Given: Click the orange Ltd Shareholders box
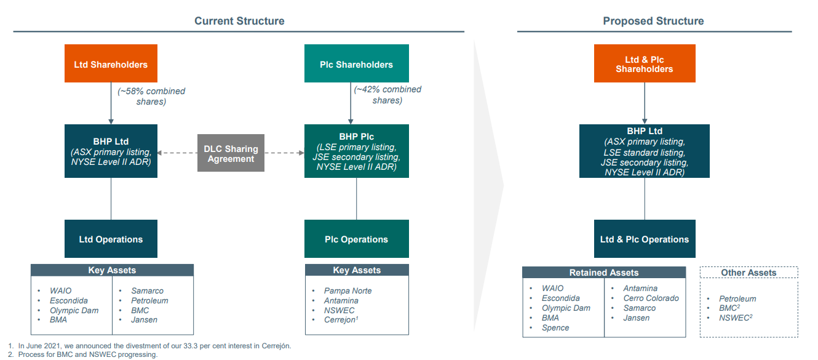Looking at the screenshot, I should [111, 64].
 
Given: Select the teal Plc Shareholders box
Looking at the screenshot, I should [356, 64].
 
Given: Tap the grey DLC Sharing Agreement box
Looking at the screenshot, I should [231, 153].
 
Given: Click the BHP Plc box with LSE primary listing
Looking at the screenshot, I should [356, 151].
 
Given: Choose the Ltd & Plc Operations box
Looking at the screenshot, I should [644, 239].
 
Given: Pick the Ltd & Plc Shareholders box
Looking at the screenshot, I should [644, 64].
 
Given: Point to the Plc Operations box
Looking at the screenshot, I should [356, 239].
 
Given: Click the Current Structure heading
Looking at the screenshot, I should [239, 21].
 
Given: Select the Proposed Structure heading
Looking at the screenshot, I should [653, 21].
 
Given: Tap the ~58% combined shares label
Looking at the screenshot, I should [151, 96].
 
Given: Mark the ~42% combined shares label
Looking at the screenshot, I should [387, 95].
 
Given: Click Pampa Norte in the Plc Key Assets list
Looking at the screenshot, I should [347, 290].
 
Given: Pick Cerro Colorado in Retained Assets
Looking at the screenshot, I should [651, 298].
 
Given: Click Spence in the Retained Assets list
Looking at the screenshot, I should [555, 327].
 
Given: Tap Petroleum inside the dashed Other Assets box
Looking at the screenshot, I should [737, 298].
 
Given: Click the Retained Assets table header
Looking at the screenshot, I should [603, 273].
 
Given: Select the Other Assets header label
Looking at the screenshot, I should [749, 273].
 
